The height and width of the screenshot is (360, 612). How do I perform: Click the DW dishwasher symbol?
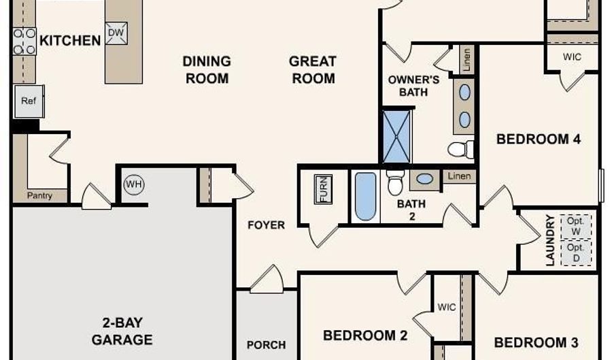[116, 33]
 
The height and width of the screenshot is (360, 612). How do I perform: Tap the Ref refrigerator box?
[29, 101]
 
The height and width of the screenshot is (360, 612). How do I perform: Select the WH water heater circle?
[134, 184]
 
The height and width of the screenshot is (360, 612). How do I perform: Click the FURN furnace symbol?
[323, 189]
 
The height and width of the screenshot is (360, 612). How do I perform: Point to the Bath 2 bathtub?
[366, 197]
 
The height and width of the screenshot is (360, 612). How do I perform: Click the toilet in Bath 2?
[395, 183]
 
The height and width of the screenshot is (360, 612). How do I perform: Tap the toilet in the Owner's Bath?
[460, 149]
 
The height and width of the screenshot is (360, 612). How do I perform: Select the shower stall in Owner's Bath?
[396, 137]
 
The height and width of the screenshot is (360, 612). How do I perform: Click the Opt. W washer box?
[576, 227]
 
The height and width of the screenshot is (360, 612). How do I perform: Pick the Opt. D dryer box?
[576, 253]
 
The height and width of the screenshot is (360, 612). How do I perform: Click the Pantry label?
[39, 195]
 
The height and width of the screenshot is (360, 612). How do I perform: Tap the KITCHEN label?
[70, 40]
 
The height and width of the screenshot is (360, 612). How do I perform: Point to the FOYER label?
[266, 225]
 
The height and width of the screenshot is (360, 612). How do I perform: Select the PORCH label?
[266, 345]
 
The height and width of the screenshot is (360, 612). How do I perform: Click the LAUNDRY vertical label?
[550, 240]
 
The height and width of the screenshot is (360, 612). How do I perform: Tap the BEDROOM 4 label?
[539, 139]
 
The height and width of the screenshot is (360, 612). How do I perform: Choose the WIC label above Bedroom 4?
[572, 57]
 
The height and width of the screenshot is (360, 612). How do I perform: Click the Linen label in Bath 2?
[459, 176]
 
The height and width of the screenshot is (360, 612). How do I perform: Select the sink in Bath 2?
[424, 179]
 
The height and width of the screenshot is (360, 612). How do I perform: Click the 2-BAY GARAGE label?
[122, 331]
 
